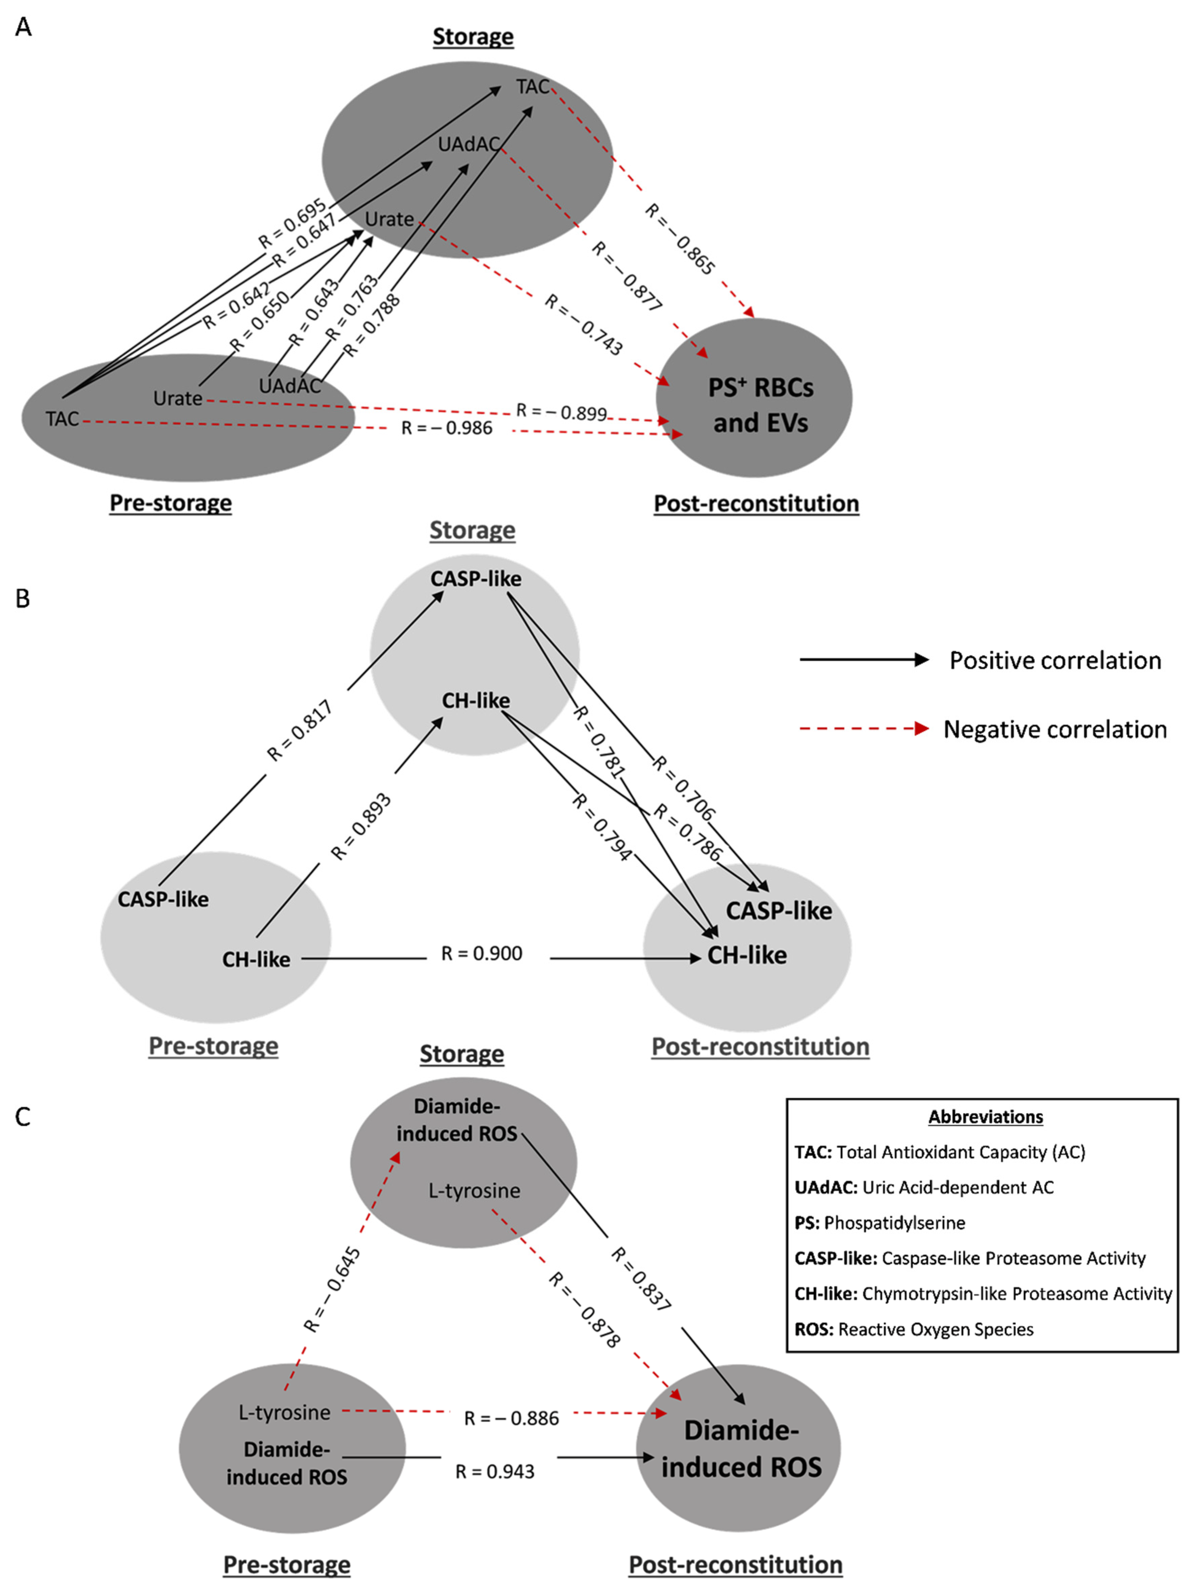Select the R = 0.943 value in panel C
tap(495, 1471)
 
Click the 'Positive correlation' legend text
tap(1054, 660)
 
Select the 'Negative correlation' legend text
tap(1054, 729)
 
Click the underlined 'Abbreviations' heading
tap(985, 1117)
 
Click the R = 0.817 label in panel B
tap(300, 730)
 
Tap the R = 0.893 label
tap(361, 827)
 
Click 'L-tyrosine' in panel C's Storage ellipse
tap(474, 1191)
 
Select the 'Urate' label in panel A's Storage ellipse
tap(389, 219)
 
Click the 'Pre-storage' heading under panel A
tap(171, 503)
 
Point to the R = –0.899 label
tap(561, 412)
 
